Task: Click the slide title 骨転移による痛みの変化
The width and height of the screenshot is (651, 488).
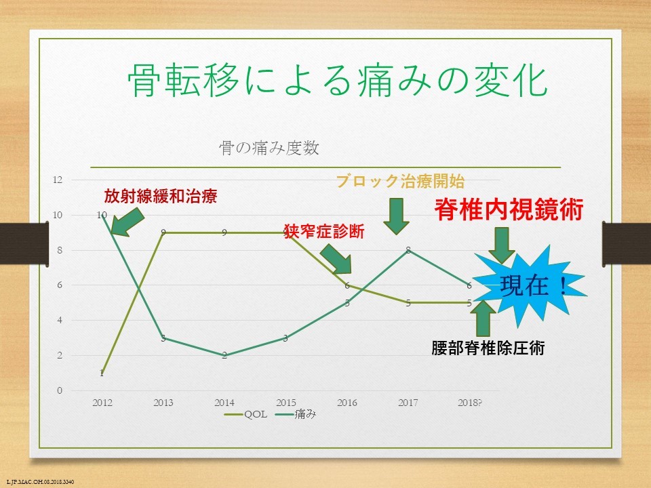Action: click(x=337, y=80)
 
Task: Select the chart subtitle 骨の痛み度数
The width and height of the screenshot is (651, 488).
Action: click(x=269, y=148)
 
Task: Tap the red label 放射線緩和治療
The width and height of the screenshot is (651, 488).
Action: click(x=160, y=196)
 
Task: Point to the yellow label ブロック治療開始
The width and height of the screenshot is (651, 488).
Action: click(x=400, y=181)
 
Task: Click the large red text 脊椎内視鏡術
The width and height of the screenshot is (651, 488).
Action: click(x=509, y=209)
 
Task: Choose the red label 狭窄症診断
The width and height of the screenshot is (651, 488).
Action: click(x=324, y=232)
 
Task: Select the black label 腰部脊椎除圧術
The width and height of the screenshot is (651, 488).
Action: click(x=488, y=348)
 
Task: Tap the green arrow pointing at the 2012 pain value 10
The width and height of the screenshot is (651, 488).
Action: click(x=127, y=222)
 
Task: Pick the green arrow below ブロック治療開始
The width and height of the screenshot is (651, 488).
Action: click(x=396, y=216)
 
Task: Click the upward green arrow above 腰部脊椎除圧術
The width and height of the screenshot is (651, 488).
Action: click(x=483, y=317)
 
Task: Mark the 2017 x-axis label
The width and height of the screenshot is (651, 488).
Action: click(x=408, y=402)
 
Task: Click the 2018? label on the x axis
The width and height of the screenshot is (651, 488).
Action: click(x=469, y=402)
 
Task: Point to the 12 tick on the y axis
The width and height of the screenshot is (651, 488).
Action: click(x=57, y=180)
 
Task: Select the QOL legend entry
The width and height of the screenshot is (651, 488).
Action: click(x=245, y=414)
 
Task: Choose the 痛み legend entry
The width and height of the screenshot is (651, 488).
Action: click(x=296, y=414)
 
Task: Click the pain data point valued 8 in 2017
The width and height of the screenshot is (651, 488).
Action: click(x=408, y=250)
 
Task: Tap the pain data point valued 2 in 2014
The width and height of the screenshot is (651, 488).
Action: click(x=224, y=356)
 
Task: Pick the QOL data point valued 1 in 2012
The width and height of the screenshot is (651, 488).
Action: click(x=102, y=373)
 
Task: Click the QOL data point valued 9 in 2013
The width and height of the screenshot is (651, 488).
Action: click(x=163, y=232)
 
